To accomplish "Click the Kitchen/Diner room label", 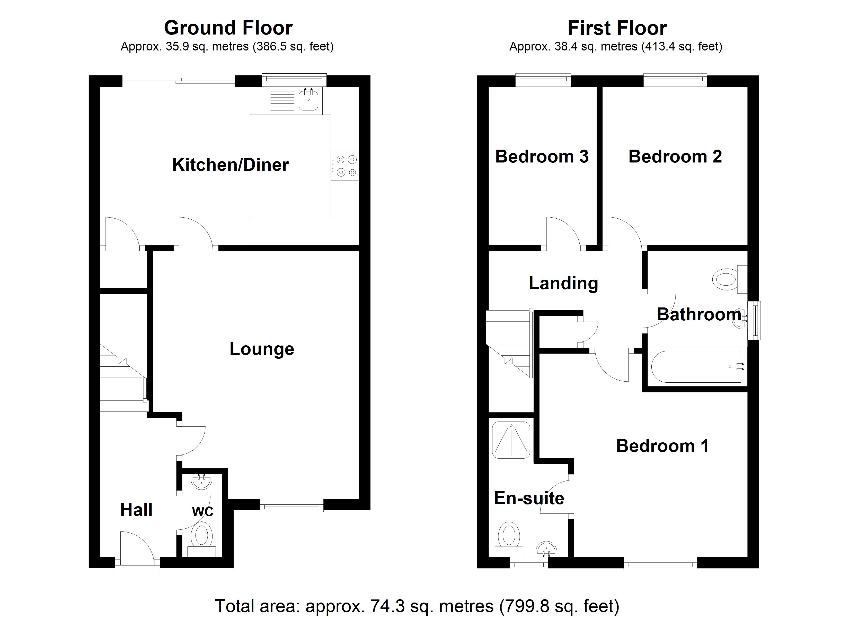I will coord(230,165).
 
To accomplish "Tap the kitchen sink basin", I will coord(308,100).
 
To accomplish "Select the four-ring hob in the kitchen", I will coord(346,166).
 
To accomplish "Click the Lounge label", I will coord(262,349).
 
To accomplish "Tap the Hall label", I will coord(136,510).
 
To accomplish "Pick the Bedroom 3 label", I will coord(542,157).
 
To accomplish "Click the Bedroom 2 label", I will coord(675,157).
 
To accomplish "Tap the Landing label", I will coord(563,283).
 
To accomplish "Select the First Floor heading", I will coord(617,28).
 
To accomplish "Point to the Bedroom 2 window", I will coord(675,80).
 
